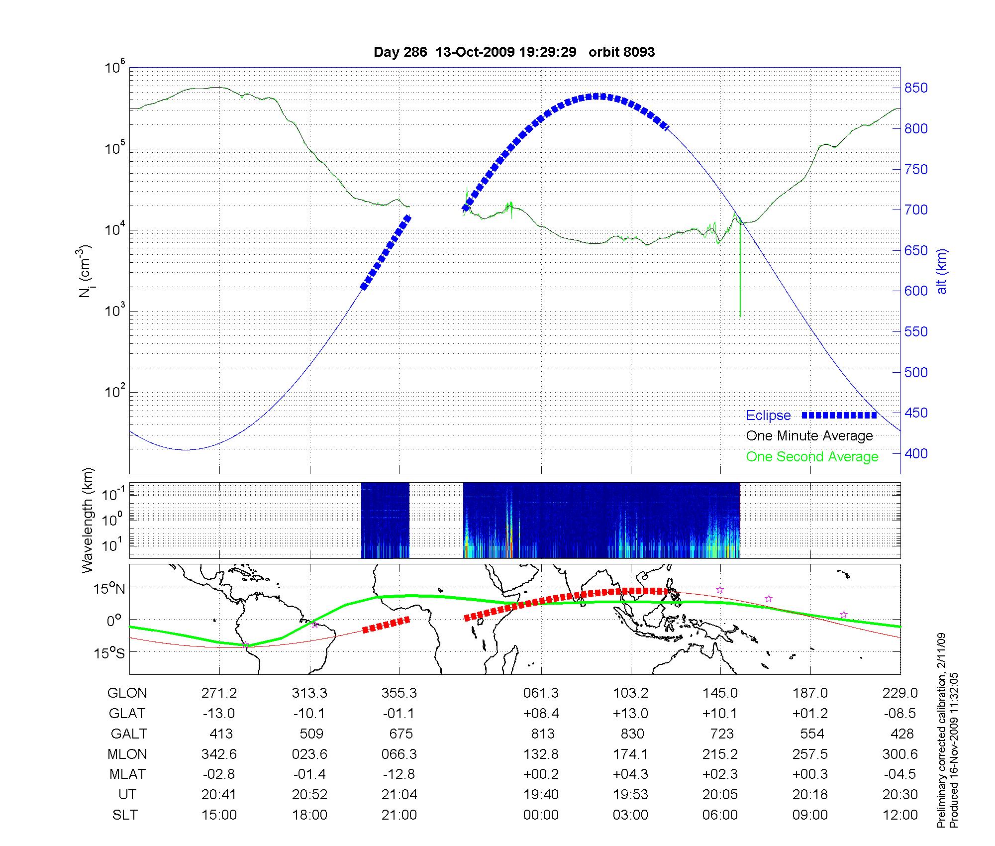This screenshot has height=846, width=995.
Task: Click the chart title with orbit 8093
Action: click(x=514, y=52)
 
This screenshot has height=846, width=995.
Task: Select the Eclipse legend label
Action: click(x=768, y=416)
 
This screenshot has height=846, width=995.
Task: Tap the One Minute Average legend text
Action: click(x=809, y=436)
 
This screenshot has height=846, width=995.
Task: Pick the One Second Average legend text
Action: click(x=812, y=457)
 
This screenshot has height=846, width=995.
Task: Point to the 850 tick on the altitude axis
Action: click(x=916, y=88)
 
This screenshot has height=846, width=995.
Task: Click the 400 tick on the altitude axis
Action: click(x=916, y=453)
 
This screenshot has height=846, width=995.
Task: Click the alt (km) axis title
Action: click(x=942, y=271)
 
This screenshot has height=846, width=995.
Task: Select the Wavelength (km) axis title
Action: click(x=88, y=521)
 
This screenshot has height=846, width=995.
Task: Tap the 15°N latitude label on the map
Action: click(x=110, y=589)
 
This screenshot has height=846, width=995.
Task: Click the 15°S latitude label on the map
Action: click(x=110, y=653)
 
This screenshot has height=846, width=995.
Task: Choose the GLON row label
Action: click(x=127, y=693)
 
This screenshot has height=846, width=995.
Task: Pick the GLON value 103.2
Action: click(x=630, y=693)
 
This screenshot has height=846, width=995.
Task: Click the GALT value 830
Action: click(x=632, y=734)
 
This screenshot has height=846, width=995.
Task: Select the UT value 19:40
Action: click(x=541, y=794)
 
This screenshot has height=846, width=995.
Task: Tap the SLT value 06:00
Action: click(x=720, y=815)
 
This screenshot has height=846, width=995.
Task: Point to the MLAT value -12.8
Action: click(x=399, y=774)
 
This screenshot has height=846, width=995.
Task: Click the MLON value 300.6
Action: click(x=899, y=754)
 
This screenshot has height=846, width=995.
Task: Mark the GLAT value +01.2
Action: click(x=810, y=713)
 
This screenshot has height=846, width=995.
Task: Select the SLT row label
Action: click(x=125, y=815)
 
